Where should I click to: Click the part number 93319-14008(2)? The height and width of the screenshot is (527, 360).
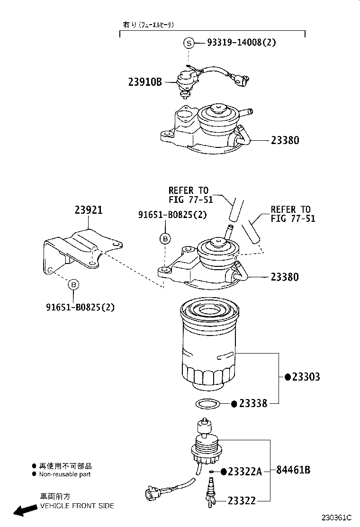[x=241, y=43]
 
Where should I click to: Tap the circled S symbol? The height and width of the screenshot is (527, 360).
[x=189, y=43]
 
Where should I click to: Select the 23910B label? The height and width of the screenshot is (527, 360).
[x=145, y=82]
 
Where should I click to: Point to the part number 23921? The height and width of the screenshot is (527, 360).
[x=88, y=210]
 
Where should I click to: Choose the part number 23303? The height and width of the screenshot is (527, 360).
[x=306, y=377]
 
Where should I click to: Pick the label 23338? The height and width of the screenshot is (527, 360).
[x=253, y=403]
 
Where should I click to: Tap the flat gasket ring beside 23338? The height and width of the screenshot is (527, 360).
[x=207, y=404]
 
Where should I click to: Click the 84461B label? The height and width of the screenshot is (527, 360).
[x=293, y=470]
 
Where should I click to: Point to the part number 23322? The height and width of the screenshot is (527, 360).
[x=242, y=500]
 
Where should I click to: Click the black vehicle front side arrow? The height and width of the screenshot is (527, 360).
[x=25, y=510]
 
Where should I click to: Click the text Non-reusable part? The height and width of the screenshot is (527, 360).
[x=64, y=474]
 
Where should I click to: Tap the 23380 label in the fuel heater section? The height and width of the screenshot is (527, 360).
[x=285, y=140]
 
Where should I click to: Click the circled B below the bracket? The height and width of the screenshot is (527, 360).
[x=73, y=284]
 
